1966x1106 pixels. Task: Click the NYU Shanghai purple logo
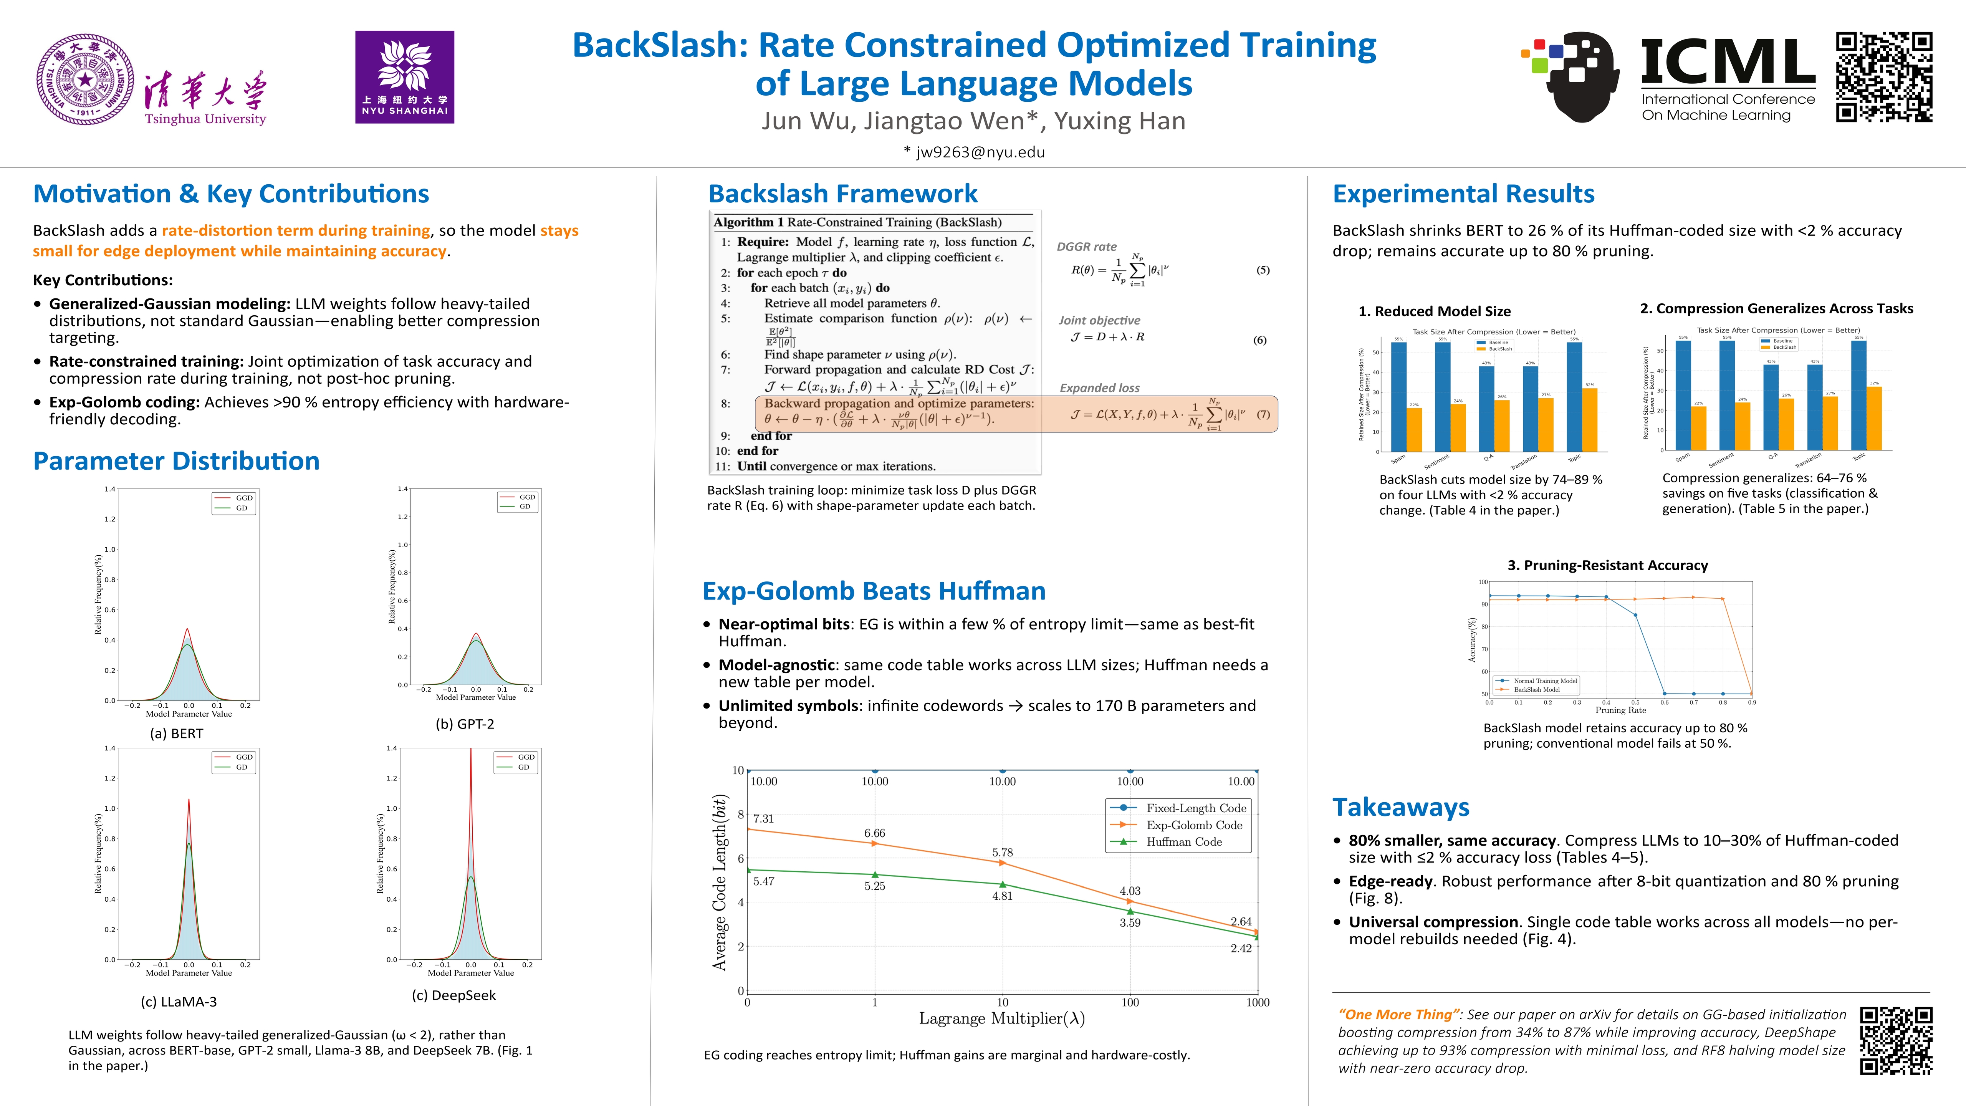click(x=404, y=77)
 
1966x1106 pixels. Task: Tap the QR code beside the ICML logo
click(x=1883, y=77)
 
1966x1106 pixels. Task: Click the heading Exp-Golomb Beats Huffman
click(x=874, y=591)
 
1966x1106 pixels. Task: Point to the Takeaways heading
click(x=1400, y=807)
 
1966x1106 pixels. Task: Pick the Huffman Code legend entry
click(x=1183, y=842)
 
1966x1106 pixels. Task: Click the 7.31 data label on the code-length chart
click(x=763, y=818)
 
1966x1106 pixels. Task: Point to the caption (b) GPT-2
click(x=465, y=724)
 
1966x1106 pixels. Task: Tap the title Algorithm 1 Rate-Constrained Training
click(x=857, y=222)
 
